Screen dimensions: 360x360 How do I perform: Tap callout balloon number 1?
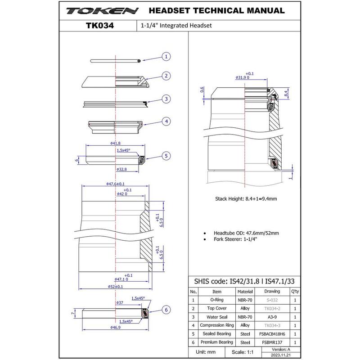pyautogui.click(x=166, y=57)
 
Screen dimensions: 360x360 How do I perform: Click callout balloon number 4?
pyautogui.click(x=166, y=121)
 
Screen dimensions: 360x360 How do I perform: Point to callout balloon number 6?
pyautogui.click(x=166, y=310)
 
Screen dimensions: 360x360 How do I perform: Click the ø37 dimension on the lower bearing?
pyautogui.click(x=120, y=303)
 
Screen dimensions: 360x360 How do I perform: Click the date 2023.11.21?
pyautogui.click(x=282, y=354)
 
